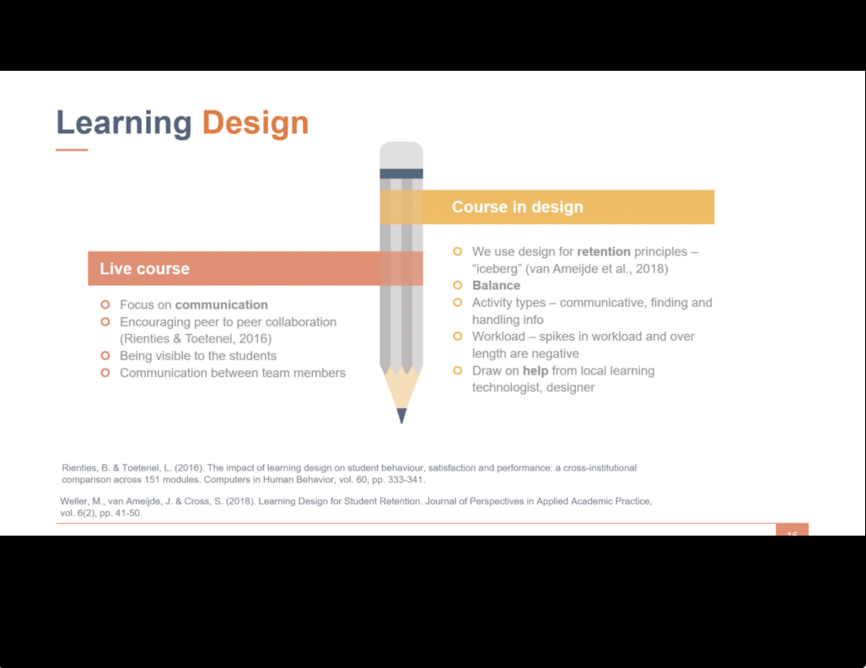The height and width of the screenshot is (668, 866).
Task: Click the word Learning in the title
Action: (124, 122)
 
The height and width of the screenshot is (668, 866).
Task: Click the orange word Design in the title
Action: (255, 122)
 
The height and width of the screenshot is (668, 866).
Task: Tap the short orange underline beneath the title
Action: (72, 150)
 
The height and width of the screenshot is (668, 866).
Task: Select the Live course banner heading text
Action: (145, 268)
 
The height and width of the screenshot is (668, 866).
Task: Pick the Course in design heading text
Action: (518, 207)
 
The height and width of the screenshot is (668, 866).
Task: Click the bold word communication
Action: (222, 305)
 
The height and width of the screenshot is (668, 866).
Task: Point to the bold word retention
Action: (604, 251)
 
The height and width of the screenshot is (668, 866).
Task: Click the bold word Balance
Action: (496, 286)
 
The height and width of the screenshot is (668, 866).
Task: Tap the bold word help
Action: (535, 371)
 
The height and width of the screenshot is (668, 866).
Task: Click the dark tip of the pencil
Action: (401, 416)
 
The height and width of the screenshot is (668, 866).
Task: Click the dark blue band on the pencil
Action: (401, 174)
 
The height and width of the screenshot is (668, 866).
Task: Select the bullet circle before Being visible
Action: (105, 356)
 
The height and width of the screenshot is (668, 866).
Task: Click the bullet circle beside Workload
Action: (457, 337)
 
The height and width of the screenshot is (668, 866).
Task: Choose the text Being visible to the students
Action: (198, 356)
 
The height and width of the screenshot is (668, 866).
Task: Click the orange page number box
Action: (792, 530)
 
